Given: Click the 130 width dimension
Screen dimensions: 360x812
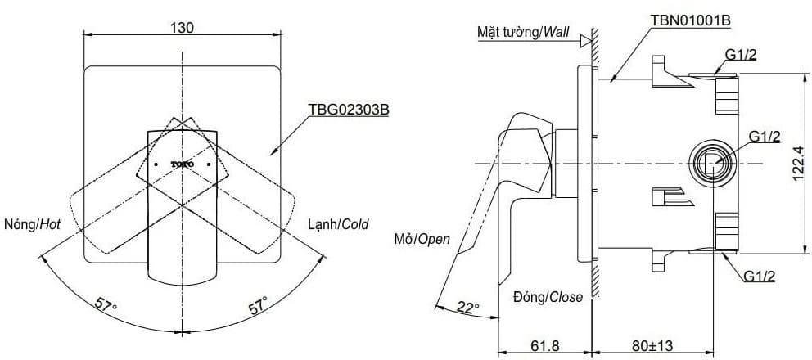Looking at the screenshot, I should [182, 27].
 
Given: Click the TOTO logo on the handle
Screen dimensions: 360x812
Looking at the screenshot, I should [183, 164].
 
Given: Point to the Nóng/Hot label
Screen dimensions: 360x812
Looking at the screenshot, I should [33, 223].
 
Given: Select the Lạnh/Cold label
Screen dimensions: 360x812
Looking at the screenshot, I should [337, 223].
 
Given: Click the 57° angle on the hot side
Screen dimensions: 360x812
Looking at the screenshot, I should [105, 306].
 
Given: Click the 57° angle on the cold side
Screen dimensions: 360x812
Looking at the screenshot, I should [259, 307].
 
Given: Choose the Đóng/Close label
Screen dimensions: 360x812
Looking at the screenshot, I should [548, 297].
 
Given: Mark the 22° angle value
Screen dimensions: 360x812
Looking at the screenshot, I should [467, 307].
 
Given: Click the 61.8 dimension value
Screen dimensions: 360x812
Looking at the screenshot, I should [544, 345].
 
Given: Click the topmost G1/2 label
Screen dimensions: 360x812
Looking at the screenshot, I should [741, 56].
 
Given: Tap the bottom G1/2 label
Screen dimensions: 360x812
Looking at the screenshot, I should [760, 277].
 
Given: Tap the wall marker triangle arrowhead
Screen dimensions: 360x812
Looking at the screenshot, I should [585, 38].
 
